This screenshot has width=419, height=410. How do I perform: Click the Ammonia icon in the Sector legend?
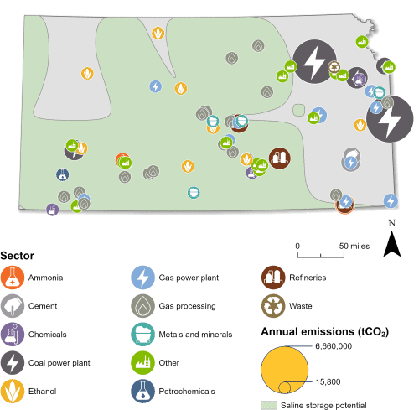coord(13,278)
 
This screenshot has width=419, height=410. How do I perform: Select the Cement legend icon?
coord(13,306)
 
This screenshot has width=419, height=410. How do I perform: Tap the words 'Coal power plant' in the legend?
coord(59,363)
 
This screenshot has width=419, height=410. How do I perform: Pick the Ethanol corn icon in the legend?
coord(13,391)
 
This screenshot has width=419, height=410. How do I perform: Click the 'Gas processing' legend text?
coord(187,306)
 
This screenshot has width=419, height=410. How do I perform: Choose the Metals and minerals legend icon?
coord(142,335)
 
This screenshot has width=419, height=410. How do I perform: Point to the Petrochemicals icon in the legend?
coord(142,391)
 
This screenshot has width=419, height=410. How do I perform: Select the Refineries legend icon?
coord(273,278)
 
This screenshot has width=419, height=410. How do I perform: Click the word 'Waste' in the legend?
coord(301,306)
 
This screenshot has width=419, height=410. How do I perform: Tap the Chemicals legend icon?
coord(13,335)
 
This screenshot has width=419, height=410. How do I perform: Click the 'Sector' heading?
coord(18,256)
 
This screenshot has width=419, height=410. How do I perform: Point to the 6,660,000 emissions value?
coord(334,346)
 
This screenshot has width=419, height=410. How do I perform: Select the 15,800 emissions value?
coord(328,382)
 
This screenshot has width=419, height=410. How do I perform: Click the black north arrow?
coord(392,244)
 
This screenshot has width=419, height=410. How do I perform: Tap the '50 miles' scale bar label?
coord(354,247)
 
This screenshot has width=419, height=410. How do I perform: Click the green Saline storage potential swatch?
coord(269,405)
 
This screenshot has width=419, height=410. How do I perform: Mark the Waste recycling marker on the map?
coord(334,67)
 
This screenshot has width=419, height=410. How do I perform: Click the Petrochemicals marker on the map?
coord(63,174)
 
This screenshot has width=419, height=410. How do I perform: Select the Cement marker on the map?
coord(352,155)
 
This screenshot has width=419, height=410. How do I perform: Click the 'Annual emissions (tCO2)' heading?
coord(325,332)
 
